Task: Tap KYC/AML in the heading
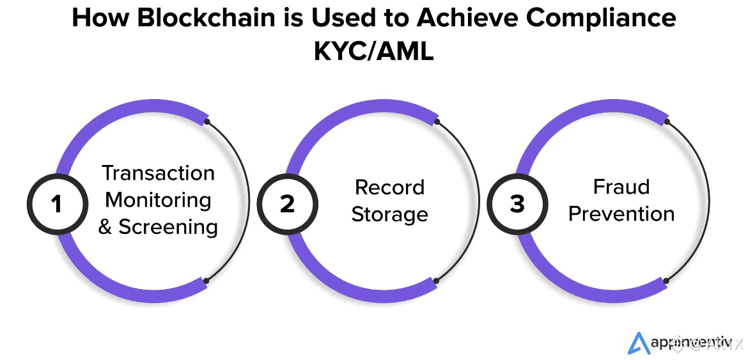pyautogui.click(x=373, y=51)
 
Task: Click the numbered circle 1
pyautogui.click(x=57, y=204)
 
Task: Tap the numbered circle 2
pyautogui.click(x=287, y=204)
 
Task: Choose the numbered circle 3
pyautogui.click(x=517, y=204)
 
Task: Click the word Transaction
pyautogui.click(x=159, y=173)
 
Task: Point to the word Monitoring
pyautogui.click(x=159, y=200)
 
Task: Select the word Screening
pyautogui.click(x=168, y=227)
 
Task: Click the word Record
pyautogui.click(x=389, y=187)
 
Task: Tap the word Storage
pyautogui.click(x=389, y=214)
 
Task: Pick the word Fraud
pyautogui.click(x=621, y=187)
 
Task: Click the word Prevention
pyautogui.click(x=621, y=214)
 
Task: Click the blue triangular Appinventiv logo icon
pyautogui.click(x=638, y=343)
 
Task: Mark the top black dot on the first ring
pyautogui.click(x=206, y=121)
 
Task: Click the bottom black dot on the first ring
pyautogui.click(x=205, y=280)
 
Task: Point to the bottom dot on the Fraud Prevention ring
pyautogui.click(x=666, y=280)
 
